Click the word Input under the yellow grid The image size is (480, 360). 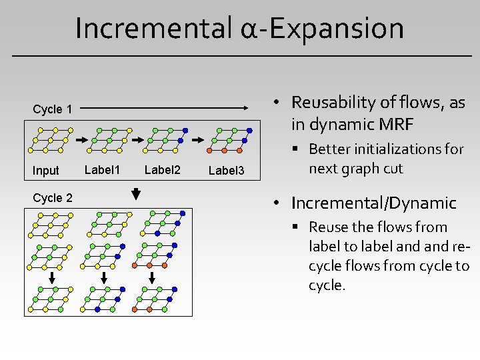point(46,171)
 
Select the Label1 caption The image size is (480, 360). point(102,170)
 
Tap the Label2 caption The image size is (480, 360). point(163,170)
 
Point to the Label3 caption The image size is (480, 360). point(227,171)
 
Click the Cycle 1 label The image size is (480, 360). point(53,109)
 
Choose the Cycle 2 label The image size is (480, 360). point(53,198)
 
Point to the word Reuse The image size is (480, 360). point(329,227)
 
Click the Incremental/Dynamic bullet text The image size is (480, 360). point(373,203)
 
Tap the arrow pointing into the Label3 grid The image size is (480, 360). point(198,141)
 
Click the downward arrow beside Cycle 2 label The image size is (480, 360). point(136,194)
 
